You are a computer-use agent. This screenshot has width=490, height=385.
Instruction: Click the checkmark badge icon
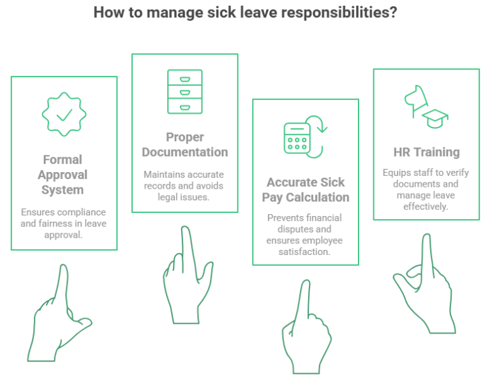[64, 114]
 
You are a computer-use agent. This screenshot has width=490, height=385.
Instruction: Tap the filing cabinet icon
[185, 92]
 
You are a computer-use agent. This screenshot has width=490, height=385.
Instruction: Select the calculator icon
[297, 138]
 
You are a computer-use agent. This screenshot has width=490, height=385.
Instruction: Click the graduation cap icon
[435, 119]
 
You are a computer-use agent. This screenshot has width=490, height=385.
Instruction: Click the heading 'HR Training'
[427, 152]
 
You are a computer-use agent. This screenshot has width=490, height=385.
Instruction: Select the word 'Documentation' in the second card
[185, 152]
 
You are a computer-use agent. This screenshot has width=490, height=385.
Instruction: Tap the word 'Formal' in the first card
[63, 159]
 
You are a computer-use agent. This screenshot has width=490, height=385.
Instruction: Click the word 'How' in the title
[107, 13]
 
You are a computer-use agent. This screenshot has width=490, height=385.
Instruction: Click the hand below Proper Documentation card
[188, 275]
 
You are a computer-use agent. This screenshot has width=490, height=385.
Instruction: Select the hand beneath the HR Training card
[424, 284]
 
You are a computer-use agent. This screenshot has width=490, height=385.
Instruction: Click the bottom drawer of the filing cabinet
[185, 106]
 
